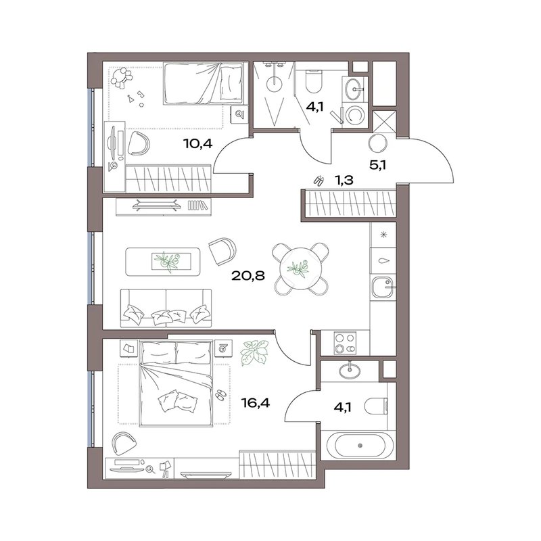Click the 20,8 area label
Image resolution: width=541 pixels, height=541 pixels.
coord(248,276)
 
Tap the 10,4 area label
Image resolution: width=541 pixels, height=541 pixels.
coord(197,143)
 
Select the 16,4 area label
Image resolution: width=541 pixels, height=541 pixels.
coord(256,402)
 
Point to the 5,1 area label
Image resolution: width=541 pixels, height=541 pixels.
coord(377,165)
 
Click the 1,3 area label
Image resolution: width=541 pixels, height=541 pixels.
coord(344,180)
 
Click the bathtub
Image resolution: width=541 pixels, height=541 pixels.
coord(360,446)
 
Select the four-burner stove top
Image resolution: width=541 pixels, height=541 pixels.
coord(345,343)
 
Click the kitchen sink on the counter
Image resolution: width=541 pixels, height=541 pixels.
coord(383,287)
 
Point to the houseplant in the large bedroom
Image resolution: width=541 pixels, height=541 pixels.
coord(255,352)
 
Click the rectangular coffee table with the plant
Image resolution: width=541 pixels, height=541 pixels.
coord(162,262)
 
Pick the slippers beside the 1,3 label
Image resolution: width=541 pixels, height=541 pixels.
coord(319,180)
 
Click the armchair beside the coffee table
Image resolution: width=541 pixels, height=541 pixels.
coord(222,250)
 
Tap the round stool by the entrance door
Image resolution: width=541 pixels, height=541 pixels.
coord(378,143)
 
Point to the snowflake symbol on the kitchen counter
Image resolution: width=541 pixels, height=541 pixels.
coord(383,235)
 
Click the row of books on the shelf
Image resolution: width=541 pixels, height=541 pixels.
coord(198,205)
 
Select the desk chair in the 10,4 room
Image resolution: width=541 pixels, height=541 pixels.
coord(139,143)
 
